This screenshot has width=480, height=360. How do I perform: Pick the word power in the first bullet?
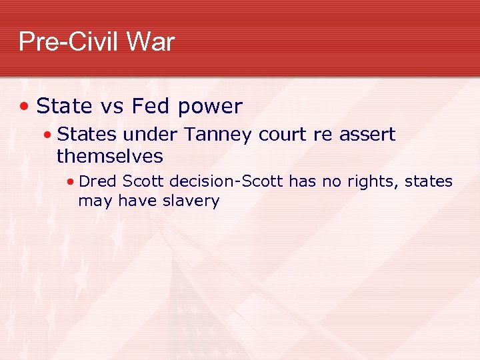point(209,107)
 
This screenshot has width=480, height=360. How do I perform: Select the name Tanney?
point(217,135)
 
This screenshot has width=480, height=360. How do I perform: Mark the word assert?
point(367,135)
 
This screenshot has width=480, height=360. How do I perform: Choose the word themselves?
point(110,157)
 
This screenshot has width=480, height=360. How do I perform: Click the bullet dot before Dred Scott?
point(70,181)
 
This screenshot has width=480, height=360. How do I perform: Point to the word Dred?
point(98,181)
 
